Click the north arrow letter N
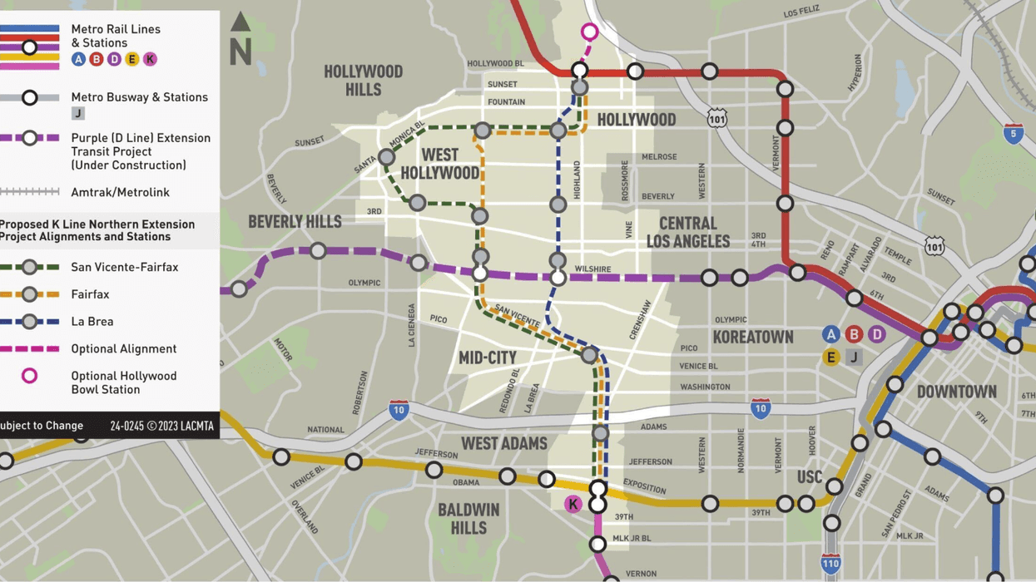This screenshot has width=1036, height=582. coord(240,52)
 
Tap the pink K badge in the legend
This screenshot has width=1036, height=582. coord(150,59)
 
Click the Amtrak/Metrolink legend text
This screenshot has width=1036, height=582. coord(120,192)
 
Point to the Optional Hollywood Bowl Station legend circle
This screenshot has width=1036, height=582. coord(29,376)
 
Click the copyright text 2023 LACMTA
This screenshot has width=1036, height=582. coord(161,426)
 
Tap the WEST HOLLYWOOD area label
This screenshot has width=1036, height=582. coord(439,164)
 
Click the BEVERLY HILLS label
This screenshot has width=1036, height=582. coord(295,222)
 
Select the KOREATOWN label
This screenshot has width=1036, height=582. coord(753,337)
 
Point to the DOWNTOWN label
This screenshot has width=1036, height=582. coord(956,392)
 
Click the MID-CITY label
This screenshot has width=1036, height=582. coord(488,358)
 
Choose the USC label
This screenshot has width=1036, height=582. coord(810,477)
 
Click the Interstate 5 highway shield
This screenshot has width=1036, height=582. coord(1012,134)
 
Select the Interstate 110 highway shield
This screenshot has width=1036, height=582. coord(830,563)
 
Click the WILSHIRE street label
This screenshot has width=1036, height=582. coord(592,269)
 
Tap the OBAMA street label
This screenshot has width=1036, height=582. coord(466,482)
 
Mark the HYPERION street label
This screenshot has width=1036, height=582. coord(855,73)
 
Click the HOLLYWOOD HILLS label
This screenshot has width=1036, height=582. coord(363,80)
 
